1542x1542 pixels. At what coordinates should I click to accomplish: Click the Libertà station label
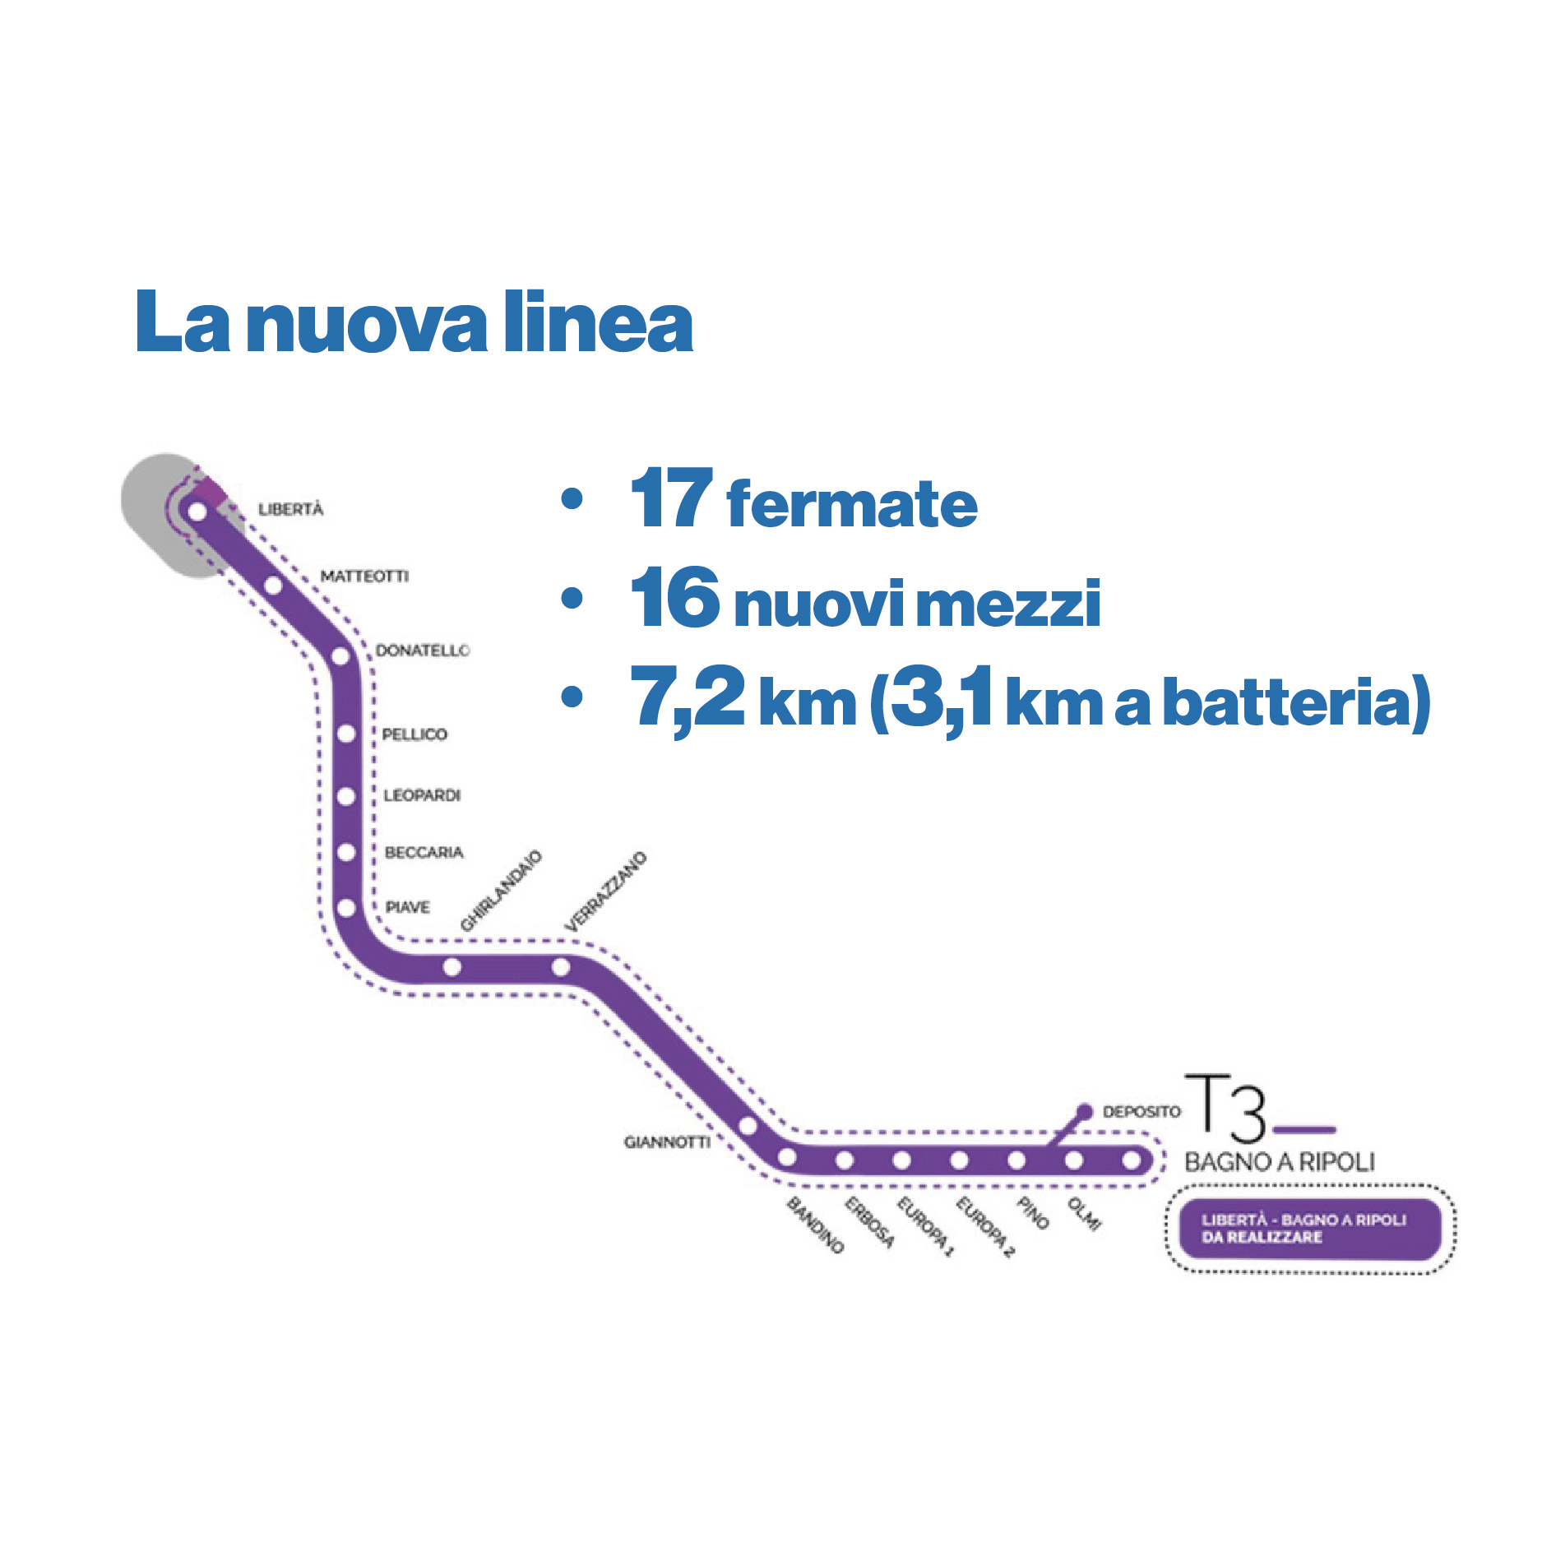291,509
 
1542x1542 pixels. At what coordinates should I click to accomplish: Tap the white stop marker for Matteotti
274,586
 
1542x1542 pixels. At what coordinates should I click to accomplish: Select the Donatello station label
423,651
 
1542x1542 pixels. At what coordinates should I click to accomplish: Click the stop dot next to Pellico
346,734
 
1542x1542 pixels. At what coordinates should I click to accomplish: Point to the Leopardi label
422,795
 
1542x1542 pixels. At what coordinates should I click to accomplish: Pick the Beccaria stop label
424,852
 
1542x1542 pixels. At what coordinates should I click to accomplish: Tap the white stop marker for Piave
346,908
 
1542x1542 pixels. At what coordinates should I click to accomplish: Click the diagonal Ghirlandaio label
501,891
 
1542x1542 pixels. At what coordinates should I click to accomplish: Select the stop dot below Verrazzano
561,967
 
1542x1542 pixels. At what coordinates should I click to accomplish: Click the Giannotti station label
667,1141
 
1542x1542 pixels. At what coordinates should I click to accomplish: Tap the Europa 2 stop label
985,1227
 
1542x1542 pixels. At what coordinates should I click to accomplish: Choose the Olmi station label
1084,1214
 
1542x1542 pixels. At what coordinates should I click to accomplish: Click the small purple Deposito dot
1085,1112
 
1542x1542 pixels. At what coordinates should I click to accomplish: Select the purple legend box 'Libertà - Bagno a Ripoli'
1310,1229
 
